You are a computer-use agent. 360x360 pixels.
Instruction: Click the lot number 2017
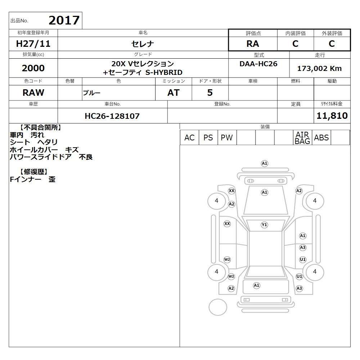(64, 20)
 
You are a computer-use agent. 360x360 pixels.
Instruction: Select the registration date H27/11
(33, 44)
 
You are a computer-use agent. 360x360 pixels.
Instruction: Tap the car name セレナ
(143, 44)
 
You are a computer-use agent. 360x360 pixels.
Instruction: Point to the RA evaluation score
(253, 44)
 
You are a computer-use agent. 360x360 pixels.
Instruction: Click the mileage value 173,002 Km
(319, 68)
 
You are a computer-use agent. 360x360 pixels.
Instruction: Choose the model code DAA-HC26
(258, 64)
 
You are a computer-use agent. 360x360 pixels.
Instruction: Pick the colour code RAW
(33, 93)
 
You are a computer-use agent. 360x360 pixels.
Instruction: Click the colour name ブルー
(91, 93)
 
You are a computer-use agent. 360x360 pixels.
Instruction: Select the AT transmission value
(174, 93)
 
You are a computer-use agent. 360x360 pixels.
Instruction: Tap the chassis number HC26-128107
(112, 116)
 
